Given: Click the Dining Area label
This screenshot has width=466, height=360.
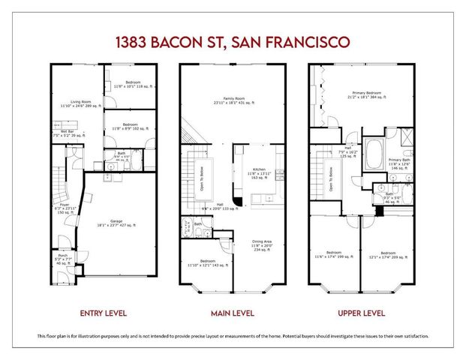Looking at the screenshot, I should click(x=262, y=242).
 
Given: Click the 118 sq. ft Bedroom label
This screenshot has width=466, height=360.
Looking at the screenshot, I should click(x=132, y=83).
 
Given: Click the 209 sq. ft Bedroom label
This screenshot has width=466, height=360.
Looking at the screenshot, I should click(x=389, y=254).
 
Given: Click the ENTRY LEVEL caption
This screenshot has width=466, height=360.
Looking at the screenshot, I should click(x=101, y=311).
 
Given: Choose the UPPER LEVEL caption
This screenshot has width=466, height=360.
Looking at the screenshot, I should click(x=362, y=311).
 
